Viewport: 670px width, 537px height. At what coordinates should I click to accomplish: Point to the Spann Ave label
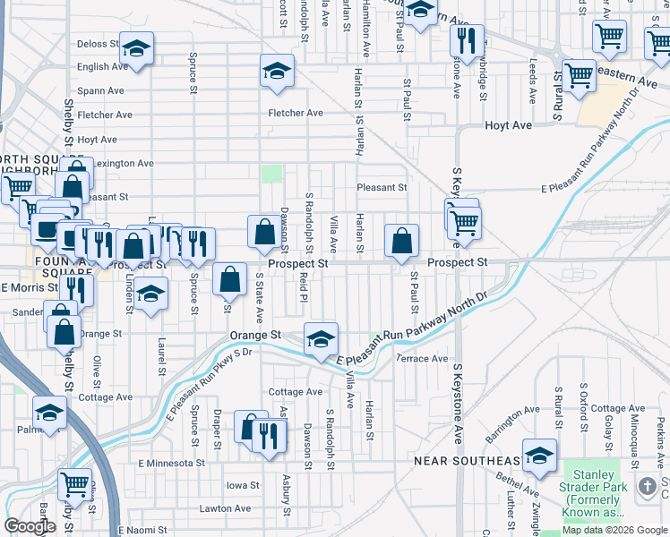100,90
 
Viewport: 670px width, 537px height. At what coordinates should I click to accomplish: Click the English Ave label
103,66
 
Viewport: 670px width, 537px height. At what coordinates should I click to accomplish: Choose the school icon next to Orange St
321,338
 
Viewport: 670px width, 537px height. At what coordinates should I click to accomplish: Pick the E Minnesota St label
171,464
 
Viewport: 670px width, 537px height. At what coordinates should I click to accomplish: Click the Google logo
30,526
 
